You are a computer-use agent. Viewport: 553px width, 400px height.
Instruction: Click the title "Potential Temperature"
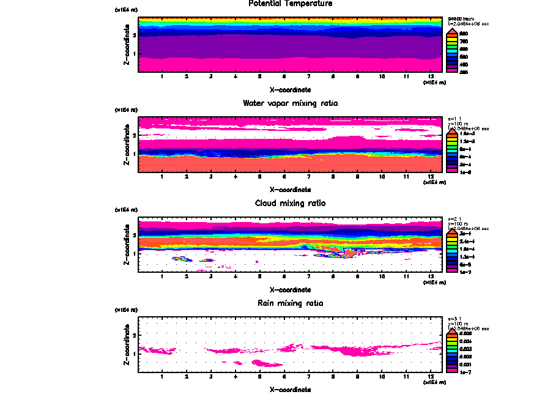[291, 4]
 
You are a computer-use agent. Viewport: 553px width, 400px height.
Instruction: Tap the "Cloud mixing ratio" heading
[291, 203]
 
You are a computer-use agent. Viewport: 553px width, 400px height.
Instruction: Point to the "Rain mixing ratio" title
[291, 303]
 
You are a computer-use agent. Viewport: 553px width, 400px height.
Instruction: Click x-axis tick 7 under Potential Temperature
[308, 77]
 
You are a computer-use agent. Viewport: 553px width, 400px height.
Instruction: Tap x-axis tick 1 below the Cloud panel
[162, 277]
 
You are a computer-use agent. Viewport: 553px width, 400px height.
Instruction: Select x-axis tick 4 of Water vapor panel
[236, 177]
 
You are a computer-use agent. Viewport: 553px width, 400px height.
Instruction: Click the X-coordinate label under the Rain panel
[291, 389]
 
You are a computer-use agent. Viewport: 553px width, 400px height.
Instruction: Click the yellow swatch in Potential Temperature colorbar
[453, 41]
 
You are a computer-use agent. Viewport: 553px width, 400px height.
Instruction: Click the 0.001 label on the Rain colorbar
[465, 364]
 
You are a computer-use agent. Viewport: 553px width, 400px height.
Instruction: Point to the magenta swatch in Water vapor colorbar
[453, 172]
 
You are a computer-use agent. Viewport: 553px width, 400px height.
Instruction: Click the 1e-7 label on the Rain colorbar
[465, 372]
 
